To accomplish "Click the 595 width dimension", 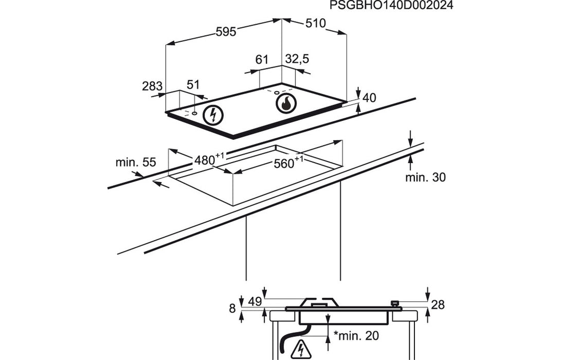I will [225, 32].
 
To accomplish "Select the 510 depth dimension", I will [316, 23].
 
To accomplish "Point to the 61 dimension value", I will [262, 60].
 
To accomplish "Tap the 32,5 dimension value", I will [297, 60].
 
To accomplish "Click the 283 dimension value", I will [152, 86].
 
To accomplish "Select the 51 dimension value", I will [193, 85].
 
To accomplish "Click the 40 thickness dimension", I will [370, 98].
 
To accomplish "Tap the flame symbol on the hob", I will [285, 104].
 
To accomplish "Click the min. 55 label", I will [135, 163].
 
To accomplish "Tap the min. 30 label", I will [425, 177].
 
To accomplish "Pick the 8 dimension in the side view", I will [232, 309].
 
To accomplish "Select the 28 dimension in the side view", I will [438, 305].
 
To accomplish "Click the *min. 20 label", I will [357, 336].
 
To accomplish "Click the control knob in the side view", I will [395, 303].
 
